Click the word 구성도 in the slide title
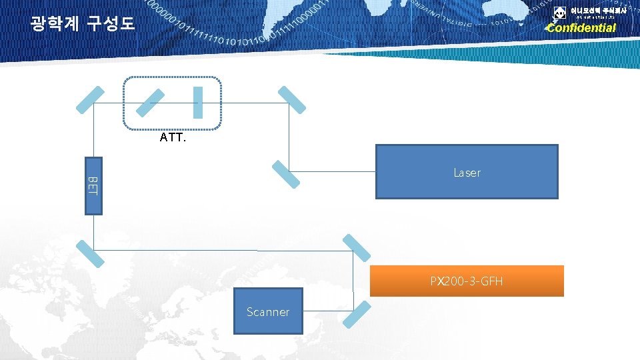[x=111, y=25]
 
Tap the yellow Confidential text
[x=581, y=28]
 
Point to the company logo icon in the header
[x=559, y=13]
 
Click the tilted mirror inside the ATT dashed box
[x=151, y=103]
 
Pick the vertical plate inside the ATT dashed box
[x=197, y=102]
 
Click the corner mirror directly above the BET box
[x=90, y=100]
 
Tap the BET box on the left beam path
[x=93, y=185]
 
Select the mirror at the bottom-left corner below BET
[x=90, y=253]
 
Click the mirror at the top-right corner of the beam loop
[x=291, y=99]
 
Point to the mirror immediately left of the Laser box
[x=286, y=173]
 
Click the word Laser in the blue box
[x=467, y=173]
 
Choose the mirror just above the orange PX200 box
[x=356, y=249]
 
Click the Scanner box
[x=268, y=311]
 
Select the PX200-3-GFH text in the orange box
[x=467, y=281]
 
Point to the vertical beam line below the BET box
[x=94, y=230]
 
